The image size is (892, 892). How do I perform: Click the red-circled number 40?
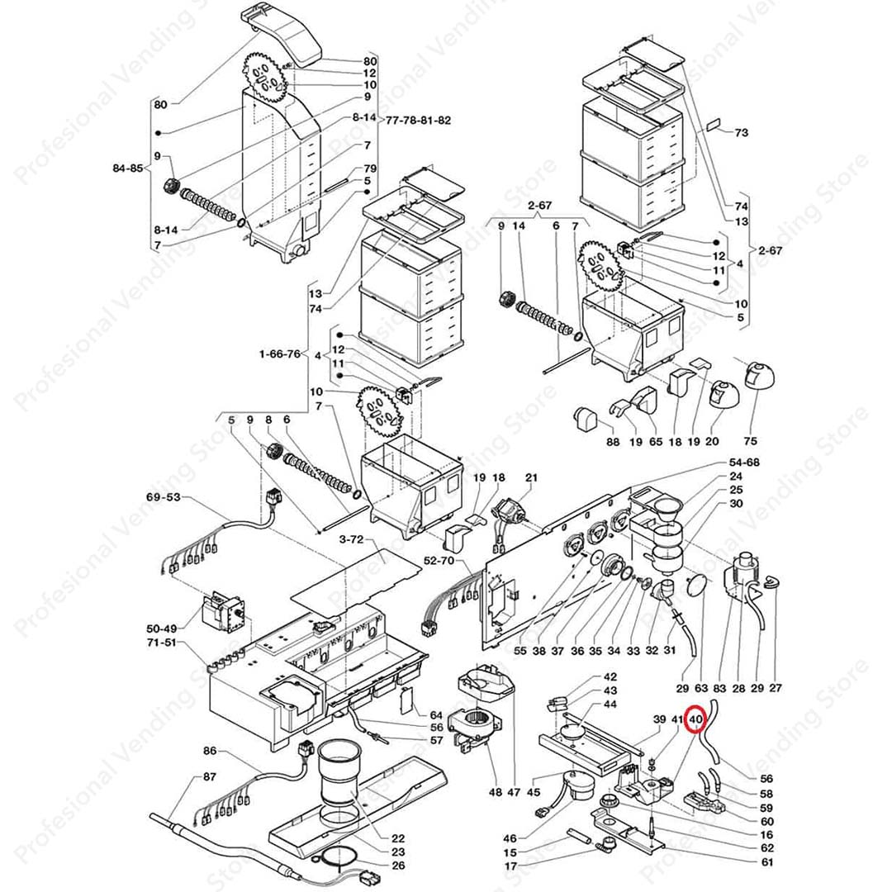click(x=695, y=719)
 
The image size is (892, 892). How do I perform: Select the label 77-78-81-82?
click(x=419, y=121)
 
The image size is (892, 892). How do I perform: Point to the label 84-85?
click(x=130, y=168)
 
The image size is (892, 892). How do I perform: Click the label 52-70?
click(x=440, y=560)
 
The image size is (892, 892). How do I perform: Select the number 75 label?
click(x=750, y=442)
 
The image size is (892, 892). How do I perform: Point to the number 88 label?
click(x=613, y=442)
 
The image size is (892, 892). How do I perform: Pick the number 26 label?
click(x=398, y=866)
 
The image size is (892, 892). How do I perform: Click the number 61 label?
click(x=768, y=862)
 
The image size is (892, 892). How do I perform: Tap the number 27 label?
click(x=776, y=687)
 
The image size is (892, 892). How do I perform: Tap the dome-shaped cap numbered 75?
click(x=758, y=376)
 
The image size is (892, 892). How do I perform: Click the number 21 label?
click(x=531, y=477)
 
